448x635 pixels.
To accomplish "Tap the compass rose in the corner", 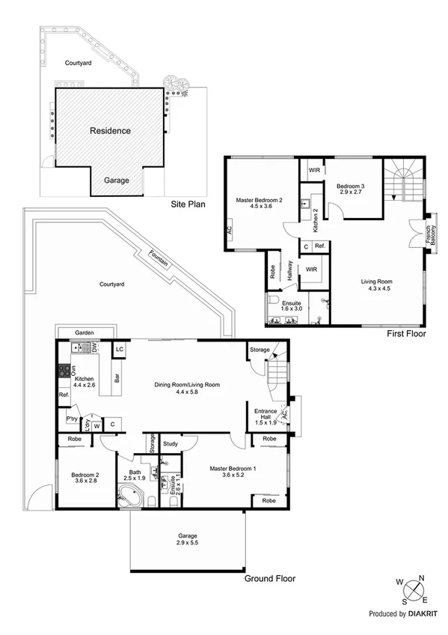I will (410, 589).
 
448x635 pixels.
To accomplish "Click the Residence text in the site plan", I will (110, 130).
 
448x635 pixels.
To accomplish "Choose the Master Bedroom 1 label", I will (233, 469).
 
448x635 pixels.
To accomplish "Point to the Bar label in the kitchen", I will (116, 379).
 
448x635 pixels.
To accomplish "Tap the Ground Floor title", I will (270, 578).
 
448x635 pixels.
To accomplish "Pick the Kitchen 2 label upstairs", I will (315, 219).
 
